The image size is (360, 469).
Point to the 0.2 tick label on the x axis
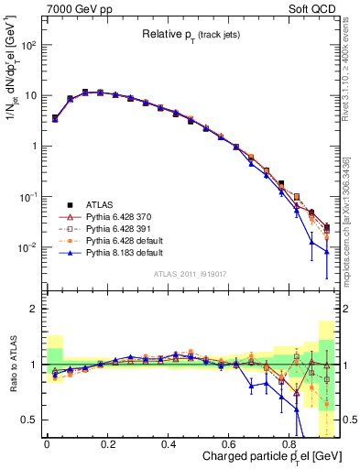tap(107, 443)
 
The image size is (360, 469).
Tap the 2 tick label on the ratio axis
tap(34, 309)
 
